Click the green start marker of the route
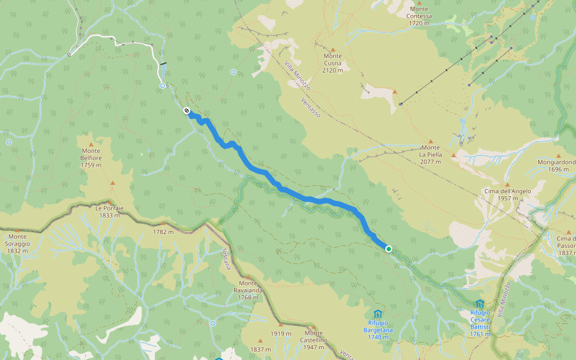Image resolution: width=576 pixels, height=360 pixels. click(389, 248)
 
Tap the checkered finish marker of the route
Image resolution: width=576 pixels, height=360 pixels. click(187, 110)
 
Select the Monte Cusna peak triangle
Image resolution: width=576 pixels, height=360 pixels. click(332, 50)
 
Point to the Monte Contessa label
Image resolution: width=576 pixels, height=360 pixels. click(419, 20)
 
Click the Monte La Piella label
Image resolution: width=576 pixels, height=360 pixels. click(430, 151)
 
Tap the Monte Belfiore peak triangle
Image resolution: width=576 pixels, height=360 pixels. click(91, 144)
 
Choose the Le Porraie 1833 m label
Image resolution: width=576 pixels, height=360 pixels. click(109, 211)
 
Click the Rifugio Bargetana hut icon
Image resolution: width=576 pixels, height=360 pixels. click(377, 314)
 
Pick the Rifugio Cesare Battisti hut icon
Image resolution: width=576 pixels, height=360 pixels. click(479, 304)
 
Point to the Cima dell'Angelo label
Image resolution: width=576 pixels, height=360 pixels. click(507, 194)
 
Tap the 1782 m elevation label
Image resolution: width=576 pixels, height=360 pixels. click(163, 232)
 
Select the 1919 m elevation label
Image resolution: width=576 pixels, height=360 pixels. click(280, 334)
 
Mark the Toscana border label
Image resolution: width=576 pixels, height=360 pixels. click(226, 259)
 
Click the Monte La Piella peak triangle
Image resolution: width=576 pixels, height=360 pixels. click(430, 142)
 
